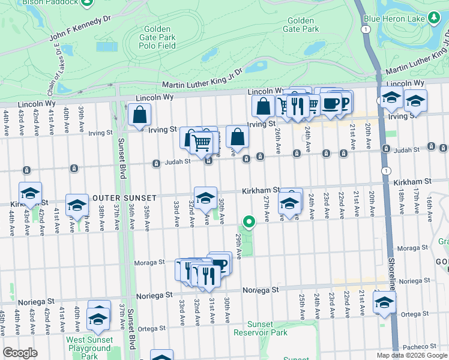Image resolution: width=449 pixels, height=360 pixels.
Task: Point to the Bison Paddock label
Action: (50, 3)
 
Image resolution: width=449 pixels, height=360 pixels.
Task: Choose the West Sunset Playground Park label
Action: (89, 348)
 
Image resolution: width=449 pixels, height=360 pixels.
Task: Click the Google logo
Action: (20, 353)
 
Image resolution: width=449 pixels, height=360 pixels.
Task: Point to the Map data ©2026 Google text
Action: (412, 355)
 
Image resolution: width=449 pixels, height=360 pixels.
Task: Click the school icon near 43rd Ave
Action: (30, 193)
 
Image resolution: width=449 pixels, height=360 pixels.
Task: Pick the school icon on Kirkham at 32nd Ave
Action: (205, 197)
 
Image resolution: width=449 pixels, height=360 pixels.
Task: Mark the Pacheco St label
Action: (418, 346)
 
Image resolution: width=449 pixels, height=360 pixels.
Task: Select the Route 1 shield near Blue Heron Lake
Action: (365, 29)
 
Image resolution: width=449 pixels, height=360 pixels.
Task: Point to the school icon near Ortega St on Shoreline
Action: (384, 302)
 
